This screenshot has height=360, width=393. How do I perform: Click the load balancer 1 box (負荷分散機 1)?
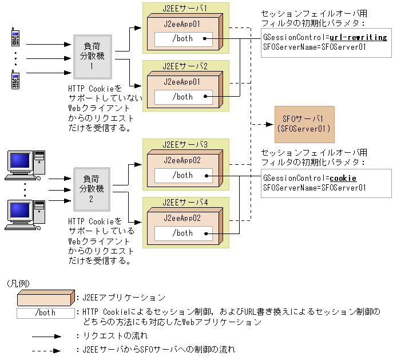click(93, 57)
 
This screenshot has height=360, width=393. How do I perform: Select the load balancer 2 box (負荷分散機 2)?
click(92, 189)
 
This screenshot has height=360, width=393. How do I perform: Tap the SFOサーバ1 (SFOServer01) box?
click(304, 124)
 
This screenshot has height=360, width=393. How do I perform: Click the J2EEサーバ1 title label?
click(185, 8)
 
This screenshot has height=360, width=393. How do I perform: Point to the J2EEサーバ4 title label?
click(185, 202)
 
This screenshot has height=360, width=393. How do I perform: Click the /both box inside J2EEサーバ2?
click(184, 97)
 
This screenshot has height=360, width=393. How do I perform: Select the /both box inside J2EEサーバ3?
click(184, 176)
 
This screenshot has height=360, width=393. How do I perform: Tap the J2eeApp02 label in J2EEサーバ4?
click(182, 218)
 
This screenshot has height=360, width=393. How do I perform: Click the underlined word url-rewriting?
click(359, 38)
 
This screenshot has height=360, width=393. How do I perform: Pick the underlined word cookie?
click(343, 178)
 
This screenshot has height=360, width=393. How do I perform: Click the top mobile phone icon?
click(15, 37)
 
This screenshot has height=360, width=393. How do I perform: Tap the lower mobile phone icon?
click(15, 80)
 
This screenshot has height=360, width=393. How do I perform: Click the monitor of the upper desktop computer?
click(20, 161)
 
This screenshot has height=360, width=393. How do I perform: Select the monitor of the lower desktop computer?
click(20, 211)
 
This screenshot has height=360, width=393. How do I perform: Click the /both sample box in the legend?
click(46, 313)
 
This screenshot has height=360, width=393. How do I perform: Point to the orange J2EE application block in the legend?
click(46, 298)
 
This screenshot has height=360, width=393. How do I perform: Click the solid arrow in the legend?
click(46, 337)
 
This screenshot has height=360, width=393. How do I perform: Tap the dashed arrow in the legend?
click(46, 351)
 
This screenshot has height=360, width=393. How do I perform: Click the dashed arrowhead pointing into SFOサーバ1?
click(269, 124)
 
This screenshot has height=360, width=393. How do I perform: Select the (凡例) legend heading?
click(18, 283)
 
